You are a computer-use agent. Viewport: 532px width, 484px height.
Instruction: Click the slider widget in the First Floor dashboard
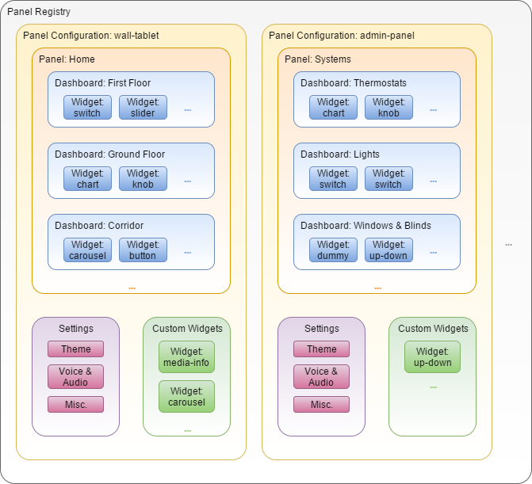tap(143, 108)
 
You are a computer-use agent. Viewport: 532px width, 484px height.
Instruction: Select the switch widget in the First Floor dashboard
tap(87, 108)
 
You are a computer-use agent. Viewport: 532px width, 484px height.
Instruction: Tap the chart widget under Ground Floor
tap(87, 179)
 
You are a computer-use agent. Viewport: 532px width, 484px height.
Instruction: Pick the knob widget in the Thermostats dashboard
tap(388, 108)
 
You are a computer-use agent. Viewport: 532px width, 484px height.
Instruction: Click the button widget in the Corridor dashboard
tap(143, 250)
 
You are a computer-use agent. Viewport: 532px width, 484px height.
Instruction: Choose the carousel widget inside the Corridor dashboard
tap(87, 250)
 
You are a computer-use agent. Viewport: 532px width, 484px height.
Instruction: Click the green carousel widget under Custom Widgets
tap(186, 397)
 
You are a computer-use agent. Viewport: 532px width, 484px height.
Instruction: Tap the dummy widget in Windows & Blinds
tap(333, 250)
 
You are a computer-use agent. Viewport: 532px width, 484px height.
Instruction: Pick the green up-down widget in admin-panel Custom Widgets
tap(432, 357)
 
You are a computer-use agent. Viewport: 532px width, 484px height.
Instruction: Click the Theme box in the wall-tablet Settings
tap(75, 349)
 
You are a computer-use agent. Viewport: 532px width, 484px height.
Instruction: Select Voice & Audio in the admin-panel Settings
tap(321, 377)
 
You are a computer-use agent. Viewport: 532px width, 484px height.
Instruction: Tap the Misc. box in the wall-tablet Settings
tap(75, 405)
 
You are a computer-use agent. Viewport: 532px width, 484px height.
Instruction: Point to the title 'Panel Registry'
tap(39, 12)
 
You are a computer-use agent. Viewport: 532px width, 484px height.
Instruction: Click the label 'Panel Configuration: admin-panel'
tap(342, 36)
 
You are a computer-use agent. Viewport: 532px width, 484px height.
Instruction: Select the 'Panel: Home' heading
tap(67, 59)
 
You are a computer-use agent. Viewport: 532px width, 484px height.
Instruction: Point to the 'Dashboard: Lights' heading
tap(340, 154)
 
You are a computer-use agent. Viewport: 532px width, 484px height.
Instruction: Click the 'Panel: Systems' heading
tap(318, 59)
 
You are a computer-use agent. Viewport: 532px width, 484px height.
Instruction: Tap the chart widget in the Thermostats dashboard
tap(333, 108)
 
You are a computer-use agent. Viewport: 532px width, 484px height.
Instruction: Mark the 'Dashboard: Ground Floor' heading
tap(109, 154)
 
